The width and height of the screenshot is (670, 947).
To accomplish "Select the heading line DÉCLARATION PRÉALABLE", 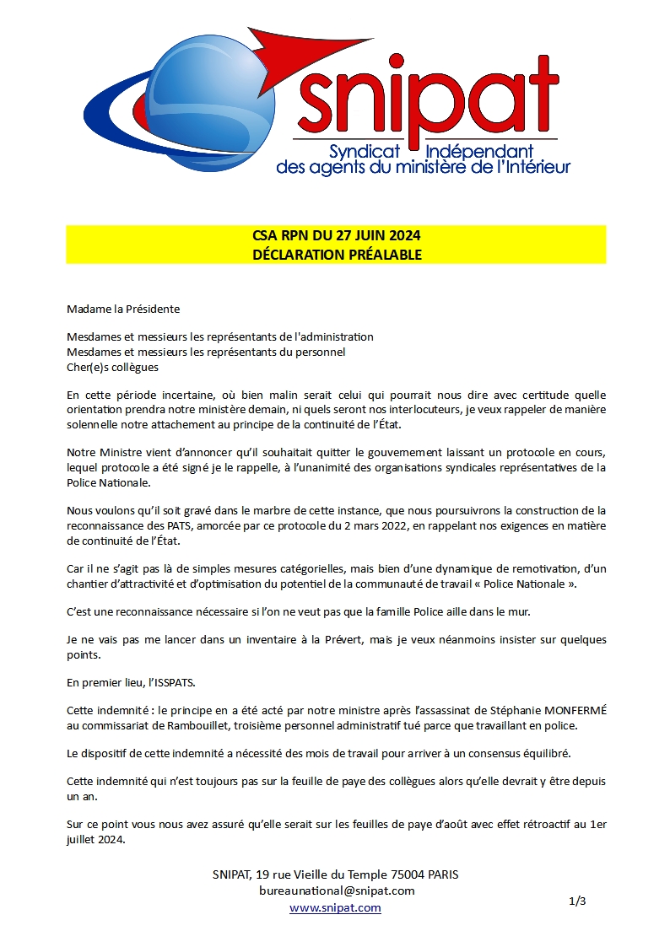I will click(x=337, y=253).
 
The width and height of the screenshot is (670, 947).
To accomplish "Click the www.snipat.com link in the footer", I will click(x=335, y=907).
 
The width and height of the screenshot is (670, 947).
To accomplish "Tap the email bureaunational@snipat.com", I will click(x=337, y=891).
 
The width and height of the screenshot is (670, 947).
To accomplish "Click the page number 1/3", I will click(x=577, y=901).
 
